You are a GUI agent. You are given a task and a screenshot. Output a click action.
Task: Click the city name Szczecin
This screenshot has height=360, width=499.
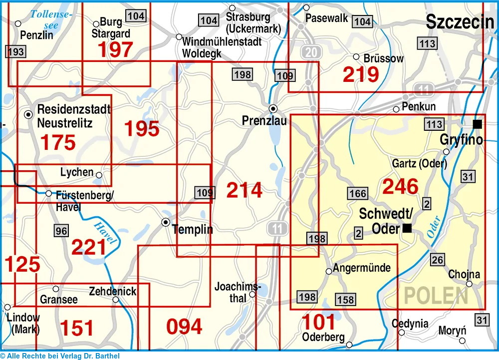pos(460,21)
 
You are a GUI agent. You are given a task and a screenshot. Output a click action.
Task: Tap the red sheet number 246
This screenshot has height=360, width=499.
pos(400,186)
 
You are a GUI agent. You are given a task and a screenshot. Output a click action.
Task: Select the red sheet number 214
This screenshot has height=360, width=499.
pos(244,190)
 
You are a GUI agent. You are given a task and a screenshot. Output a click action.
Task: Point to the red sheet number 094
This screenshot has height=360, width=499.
pos(184,327)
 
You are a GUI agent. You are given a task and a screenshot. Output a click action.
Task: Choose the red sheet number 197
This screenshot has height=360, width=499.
pos(115,49)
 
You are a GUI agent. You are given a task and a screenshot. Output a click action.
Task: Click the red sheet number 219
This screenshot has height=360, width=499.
pos(361,74)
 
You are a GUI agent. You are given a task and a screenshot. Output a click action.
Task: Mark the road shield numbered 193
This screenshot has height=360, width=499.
pos(15,51)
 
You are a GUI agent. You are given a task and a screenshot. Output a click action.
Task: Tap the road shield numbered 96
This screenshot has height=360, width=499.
pos(61,231)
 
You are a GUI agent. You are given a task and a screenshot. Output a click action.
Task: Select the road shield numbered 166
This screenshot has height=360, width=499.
pos(358,193)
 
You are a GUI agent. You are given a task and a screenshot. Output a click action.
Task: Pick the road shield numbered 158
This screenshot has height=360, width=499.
pos(345,300)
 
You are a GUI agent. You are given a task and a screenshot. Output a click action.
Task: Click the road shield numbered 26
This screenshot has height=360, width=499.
pos(437,260)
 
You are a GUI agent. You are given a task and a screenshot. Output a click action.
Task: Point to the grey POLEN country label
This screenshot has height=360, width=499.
pos(436,296)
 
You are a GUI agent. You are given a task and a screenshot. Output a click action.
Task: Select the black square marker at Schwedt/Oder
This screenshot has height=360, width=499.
pos(407,229)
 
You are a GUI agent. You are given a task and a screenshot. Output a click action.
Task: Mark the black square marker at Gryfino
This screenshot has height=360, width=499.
pos(478,124)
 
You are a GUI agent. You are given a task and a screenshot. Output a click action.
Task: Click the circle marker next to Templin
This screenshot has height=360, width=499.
pos(166,222)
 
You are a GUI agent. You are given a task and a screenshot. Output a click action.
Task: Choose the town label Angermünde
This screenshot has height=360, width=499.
pos(362,268)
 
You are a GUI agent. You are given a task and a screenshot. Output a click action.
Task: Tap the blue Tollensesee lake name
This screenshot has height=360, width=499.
pos(51,19)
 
